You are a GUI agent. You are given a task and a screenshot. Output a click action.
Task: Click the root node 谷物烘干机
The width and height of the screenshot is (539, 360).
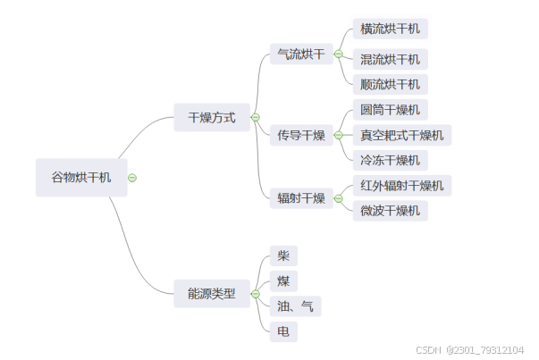(80, 178)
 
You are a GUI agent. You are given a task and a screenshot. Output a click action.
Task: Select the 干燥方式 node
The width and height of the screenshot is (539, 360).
(211, 117)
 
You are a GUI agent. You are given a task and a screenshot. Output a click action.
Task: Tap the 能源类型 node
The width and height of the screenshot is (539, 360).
(211, 293)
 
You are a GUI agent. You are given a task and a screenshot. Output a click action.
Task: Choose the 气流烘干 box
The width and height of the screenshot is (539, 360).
(300, 54)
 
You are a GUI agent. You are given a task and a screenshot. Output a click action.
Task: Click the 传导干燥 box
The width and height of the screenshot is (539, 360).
(300, 136)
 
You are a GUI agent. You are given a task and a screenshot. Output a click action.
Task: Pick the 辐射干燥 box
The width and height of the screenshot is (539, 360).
(300, 198)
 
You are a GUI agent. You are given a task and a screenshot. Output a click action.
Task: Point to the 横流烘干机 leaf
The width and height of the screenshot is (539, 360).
(390, 29)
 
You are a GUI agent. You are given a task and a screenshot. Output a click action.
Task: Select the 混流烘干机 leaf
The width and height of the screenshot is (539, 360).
(390, 60)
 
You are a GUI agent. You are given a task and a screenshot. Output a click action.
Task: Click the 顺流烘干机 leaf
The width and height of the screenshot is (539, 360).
(390, 85)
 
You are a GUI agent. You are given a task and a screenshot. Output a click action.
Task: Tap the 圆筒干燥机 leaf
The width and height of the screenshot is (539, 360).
(390, 111)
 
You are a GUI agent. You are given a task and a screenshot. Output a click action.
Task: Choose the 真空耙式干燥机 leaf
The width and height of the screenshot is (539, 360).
(401, 136)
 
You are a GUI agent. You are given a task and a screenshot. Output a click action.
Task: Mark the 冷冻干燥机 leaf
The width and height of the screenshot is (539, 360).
(390, 161)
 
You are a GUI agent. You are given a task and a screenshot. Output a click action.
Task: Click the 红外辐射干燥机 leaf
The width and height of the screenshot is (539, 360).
(401, 186)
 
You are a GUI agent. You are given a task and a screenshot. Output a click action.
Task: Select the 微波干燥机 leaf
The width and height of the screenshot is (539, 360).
(390, 211)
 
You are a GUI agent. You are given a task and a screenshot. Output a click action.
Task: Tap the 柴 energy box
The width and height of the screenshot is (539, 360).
(283, 255)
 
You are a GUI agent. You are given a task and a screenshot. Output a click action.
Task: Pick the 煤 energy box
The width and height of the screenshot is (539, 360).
(283, 281)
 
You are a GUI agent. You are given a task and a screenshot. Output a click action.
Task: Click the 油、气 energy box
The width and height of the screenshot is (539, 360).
(295, 306)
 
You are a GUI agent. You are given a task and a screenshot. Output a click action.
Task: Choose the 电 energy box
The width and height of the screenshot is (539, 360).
(283, 331)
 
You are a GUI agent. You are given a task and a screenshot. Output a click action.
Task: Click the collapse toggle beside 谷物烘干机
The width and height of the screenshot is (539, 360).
(132, 178)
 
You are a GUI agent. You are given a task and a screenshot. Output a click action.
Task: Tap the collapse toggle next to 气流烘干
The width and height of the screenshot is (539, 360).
(338, 54)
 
